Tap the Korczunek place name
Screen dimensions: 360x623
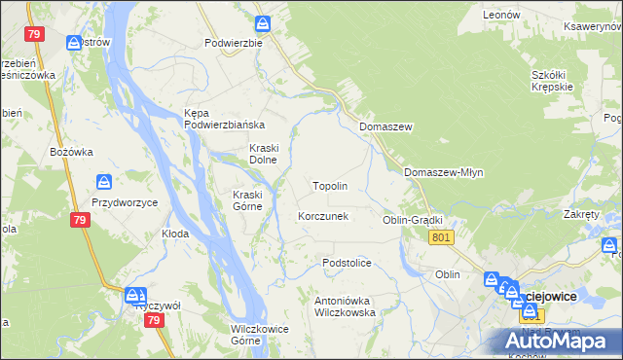tap(323, 216)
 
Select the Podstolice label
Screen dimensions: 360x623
tap(348, 263)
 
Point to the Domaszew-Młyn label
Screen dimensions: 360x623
tap(443, 172)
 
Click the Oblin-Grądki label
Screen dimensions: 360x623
tap(413, 220)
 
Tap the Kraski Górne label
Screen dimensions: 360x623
tap(248, 199)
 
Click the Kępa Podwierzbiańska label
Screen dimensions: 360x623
tap(225, 119)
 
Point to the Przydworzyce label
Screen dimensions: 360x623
tap(125, 202)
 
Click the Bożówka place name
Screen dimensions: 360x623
tap(71, 152)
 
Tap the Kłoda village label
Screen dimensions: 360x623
tap(175, 234)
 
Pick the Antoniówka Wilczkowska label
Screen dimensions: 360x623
tap(345, 307)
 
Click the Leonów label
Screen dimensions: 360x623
tap(503, 15)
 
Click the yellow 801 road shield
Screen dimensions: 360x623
tap(441, 237)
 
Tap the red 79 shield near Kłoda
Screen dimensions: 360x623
tap(82, 221)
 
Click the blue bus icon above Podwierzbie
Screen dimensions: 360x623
tap(263, 22)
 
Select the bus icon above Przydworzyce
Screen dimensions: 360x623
tap(104, 182)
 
